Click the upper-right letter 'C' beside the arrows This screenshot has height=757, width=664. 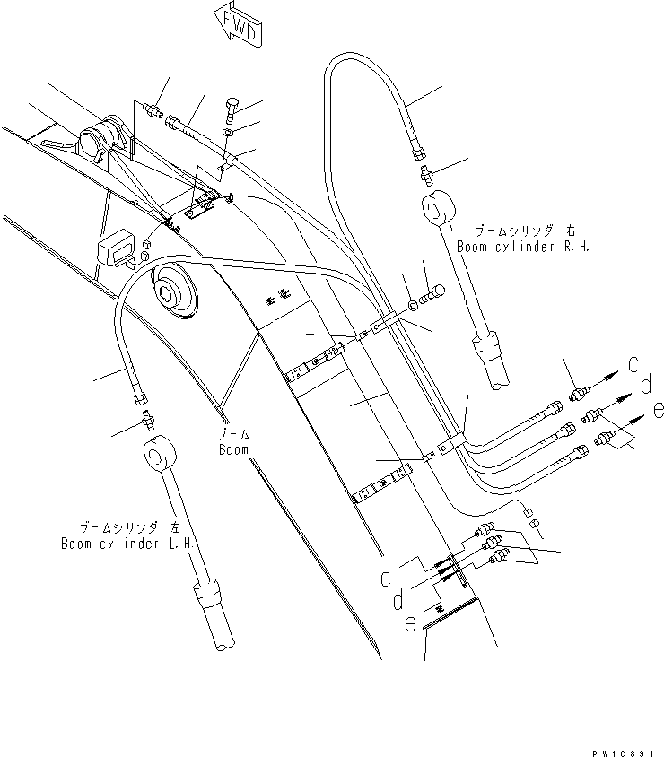pos(633,364)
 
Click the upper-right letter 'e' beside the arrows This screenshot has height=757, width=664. pos(659,410)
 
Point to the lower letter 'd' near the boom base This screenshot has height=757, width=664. pos(397,600)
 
